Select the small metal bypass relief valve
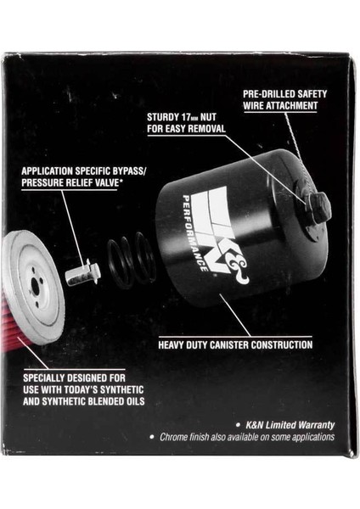[82, 273]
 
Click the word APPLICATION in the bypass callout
[55, 170]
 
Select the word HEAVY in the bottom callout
[174, 345]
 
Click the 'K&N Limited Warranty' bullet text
[285, 424]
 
